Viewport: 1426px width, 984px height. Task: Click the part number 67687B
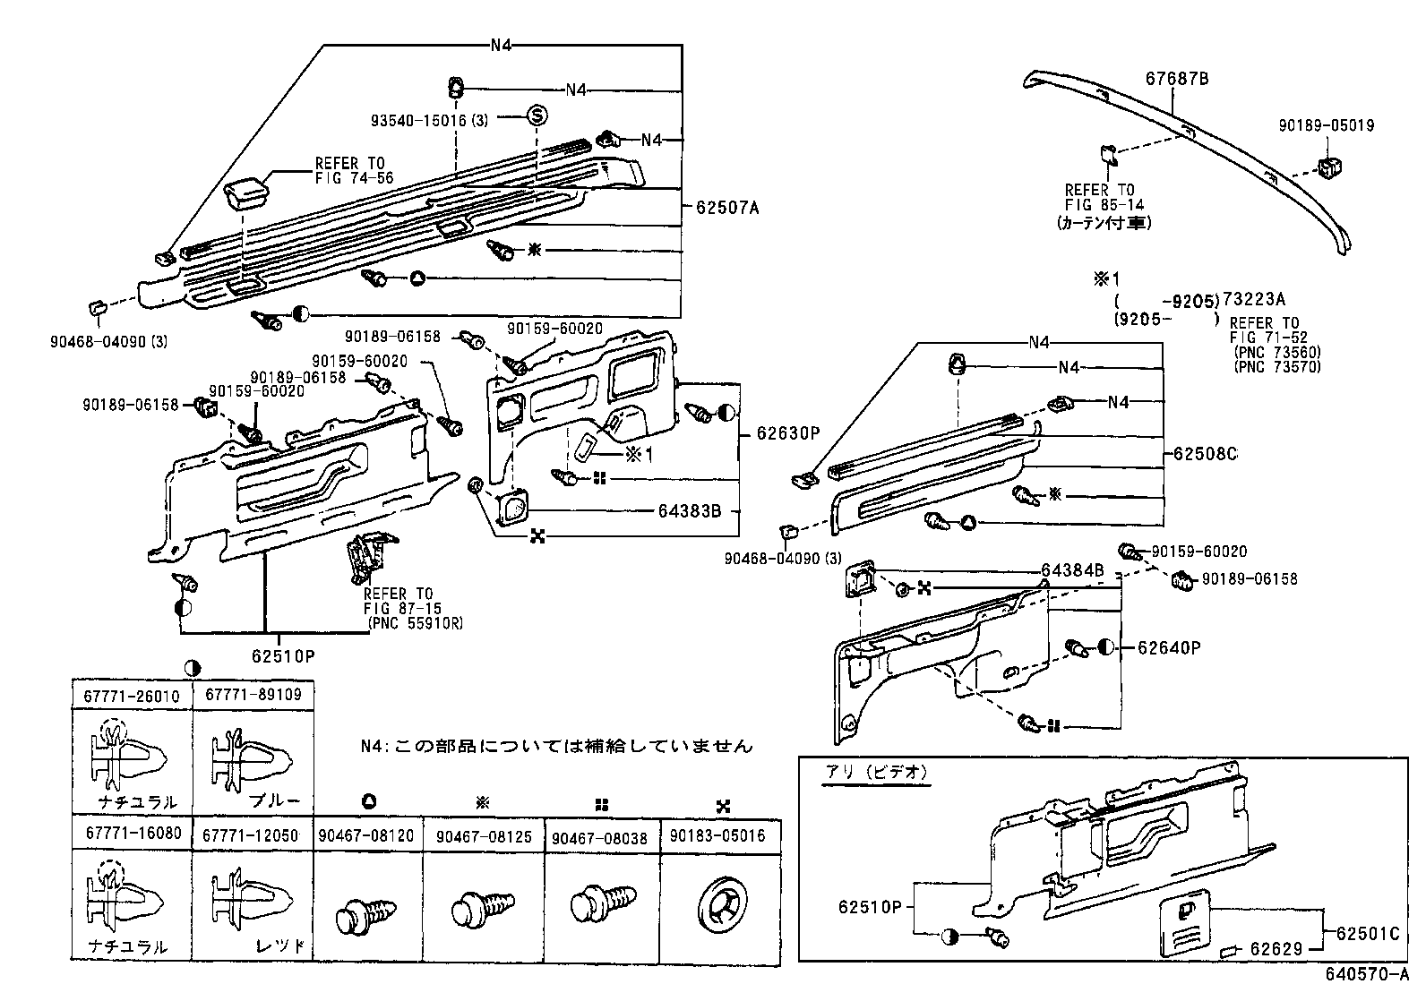click(1177, 79)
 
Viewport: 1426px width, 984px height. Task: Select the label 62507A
click(726, 208)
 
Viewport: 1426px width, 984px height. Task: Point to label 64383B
click(690, 512)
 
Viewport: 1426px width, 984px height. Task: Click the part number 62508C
click(1205, 454)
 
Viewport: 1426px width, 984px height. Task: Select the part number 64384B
click(1072, 570)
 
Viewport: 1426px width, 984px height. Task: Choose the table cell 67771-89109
click(253, 695)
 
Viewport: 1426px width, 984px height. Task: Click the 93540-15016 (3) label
click(430, 119)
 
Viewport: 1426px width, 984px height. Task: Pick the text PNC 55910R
click(413, 622)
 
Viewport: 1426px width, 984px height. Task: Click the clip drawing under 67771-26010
click(127, 755)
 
